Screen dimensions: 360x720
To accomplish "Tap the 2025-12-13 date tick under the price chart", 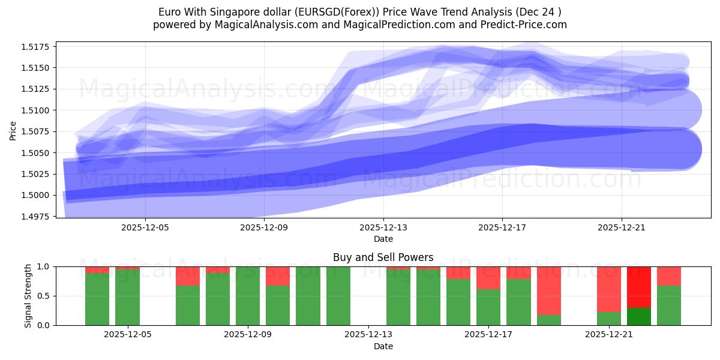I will point(383,228).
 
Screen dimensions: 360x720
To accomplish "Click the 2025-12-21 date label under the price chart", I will point(622,228).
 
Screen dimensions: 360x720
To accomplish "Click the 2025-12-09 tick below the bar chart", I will point(248,335).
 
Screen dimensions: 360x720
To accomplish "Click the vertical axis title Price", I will point(13,130).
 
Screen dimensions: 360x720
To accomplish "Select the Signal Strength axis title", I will point(28,296).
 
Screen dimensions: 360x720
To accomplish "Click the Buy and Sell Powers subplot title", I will point(383,257).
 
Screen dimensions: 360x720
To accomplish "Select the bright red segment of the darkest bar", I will point(639,287).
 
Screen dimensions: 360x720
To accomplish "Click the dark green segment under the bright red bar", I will point(639,317).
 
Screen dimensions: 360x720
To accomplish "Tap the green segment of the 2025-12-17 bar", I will point(488,307).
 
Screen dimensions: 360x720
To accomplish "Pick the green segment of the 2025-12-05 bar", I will point(127,297).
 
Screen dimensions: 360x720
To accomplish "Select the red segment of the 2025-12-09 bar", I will point(278,276).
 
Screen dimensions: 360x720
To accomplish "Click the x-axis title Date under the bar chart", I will point(383,346).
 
